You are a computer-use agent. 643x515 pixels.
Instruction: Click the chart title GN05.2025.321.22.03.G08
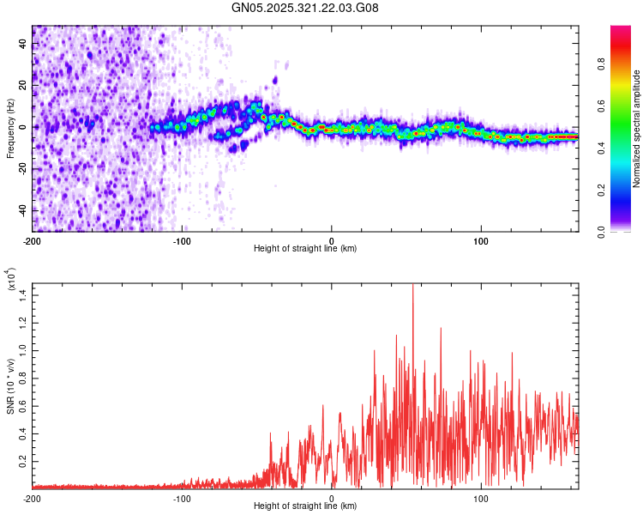304,8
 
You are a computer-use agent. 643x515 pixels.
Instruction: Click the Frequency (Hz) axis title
10,128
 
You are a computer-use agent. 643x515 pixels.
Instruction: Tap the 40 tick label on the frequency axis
22,44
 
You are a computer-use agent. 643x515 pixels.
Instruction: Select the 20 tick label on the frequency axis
22,86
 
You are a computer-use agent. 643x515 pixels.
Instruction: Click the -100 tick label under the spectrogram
182,241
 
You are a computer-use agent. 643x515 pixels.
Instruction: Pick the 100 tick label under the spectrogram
481,241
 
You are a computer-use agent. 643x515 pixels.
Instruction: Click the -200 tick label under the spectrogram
32,241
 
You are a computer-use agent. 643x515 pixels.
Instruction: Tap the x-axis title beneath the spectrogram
305,248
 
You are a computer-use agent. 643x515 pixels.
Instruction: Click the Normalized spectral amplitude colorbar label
636,129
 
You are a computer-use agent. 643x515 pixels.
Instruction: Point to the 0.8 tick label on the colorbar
601,64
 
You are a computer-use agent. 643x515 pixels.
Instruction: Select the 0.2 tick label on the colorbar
601,191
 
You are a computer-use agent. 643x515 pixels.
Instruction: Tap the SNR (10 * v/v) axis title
10,386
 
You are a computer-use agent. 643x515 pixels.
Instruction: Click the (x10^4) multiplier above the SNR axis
11,279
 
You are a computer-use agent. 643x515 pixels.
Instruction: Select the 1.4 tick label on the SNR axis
22,295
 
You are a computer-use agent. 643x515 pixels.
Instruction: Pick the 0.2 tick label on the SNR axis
22,461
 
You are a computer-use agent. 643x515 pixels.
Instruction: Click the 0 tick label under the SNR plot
331,499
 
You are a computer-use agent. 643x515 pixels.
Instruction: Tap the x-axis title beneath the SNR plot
305,506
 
